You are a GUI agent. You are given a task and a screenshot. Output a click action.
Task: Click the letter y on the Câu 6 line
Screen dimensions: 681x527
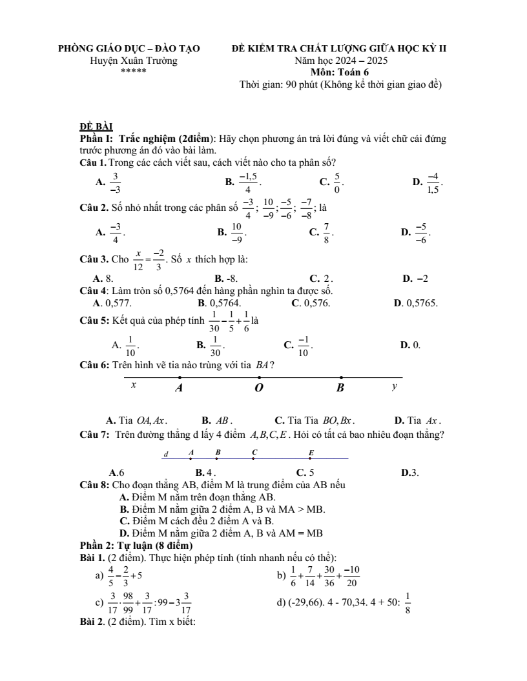395,386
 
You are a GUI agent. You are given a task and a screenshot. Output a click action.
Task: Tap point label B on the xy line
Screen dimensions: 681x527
340,388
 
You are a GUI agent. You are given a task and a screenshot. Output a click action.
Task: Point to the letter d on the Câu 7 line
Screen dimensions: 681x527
166,453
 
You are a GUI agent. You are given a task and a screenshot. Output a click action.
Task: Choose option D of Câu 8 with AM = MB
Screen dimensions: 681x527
221,533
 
